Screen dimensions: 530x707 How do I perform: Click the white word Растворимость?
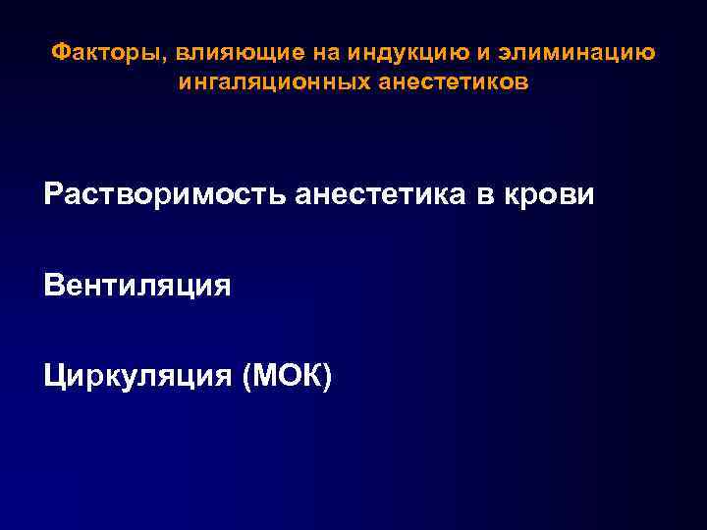click(x=164, y=194)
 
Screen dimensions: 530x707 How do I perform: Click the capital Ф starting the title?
click(x=57, y=52)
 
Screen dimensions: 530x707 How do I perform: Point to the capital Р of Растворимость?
click(x=52, y=194)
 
